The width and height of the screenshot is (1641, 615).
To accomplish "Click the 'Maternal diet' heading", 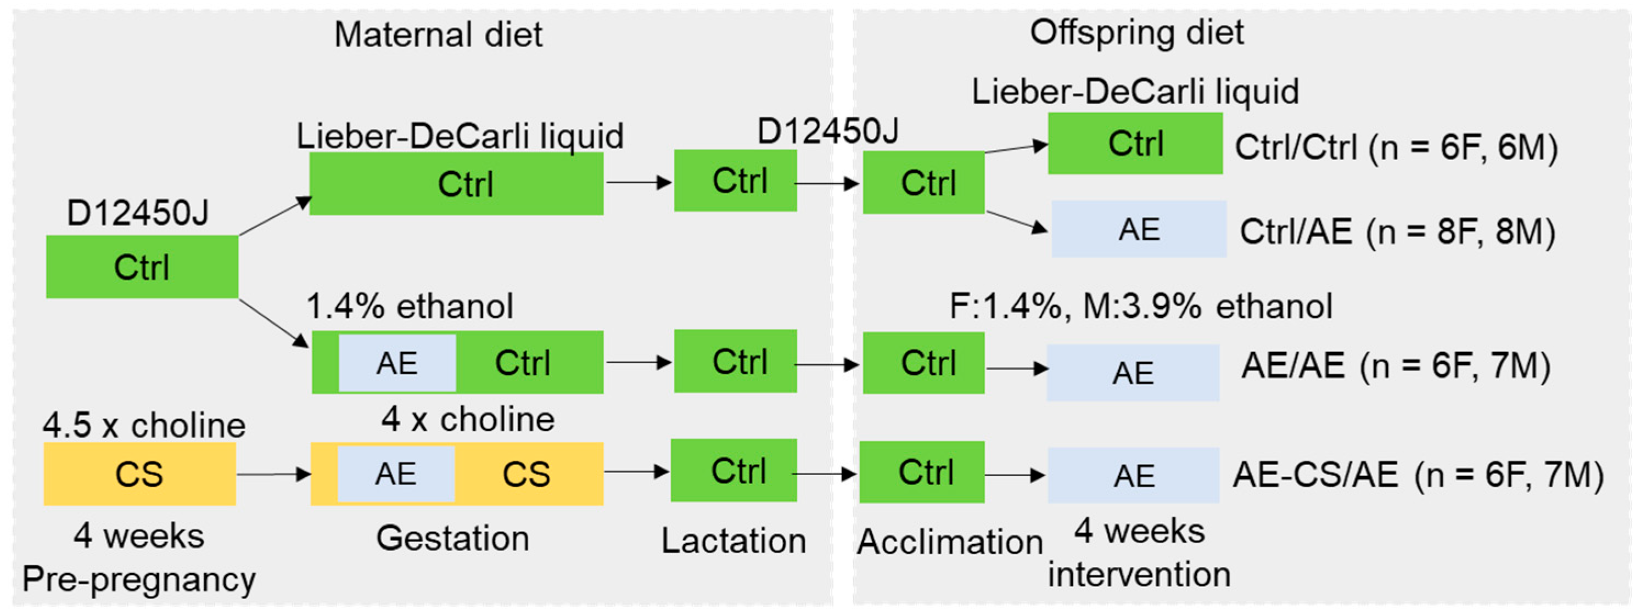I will [x=438, y=35].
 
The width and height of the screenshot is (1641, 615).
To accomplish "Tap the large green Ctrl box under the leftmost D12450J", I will [x=142, y=267].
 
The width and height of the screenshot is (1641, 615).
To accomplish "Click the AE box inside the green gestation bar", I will [x=397, y=363].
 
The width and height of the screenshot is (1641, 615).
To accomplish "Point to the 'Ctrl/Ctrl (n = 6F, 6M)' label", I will [x=1396, y=147].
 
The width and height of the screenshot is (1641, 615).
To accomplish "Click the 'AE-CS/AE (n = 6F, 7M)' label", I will [x=1418, y=475].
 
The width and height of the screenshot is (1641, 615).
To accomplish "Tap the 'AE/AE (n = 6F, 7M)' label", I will [x=1396, y=366].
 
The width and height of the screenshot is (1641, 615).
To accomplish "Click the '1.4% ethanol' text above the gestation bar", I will [x=410, y=306].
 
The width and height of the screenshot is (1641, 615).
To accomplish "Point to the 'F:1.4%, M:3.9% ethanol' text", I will [x=1140, y=306].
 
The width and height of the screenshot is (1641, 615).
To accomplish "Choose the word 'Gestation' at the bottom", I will [x=452, y=538].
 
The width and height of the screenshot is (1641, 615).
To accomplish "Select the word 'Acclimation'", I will [x=949, y=542].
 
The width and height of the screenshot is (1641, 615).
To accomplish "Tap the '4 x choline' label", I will [x=468, y=420].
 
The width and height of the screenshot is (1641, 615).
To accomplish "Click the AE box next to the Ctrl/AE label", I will [x=1139, y=229].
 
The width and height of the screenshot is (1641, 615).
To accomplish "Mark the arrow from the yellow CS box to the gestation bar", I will [x=273, y=475].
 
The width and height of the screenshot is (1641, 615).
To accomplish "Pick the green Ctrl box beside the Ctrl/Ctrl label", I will [x=1135, y=143].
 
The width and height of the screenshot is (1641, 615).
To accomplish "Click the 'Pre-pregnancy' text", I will [x=139, y=579].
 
